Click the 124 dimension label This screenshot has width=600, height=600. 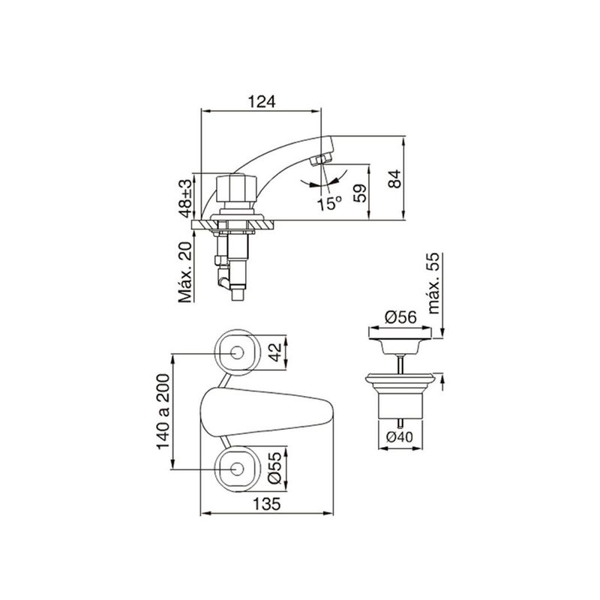point(262,102)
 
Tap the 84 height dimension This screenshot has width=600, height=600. point(395,178)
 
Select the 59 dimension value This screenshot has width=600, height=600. point(360,193)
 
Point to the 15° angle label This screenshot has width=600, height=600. point(329,203)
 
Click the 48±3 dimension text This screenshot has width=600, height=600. point(186,198)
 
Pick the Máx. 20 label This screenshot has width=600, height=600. point(185,272)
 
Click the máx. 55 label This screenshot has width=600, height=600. point(433,283)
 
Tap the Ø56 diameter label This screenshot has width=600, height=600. point(400,317)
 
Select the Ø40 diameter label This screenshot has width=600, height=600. point(400,436)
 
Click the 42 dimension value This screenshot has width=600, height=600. point(274,352)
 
